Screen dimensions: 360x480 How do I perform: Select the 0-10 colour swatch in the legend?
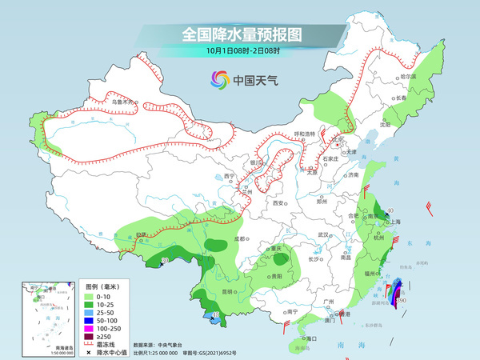click(x=94, y=297)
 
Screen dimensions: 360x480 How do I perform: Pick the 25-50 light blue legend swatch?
click(x=94, y=313)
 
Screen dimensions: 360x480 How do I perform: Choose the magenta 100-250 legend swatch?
click(x=94, y=329)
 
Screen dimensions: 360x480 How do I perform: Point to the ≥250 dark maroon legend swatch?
click(x=94, y=337)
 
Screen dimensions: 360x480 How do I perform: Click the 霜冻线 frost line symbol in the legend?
click(x=94, y=345)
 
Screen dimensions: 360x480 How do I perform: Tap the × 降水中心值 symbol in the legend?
click(x=94, y=353)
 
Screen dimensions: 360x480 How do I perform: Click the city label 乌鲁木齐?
click(x=124, y=102)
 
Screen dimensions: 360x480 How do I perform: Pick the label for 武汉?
click(x=323, y=234)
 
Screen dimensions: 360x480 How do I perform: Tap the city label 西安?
click(x=278, y=203)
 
